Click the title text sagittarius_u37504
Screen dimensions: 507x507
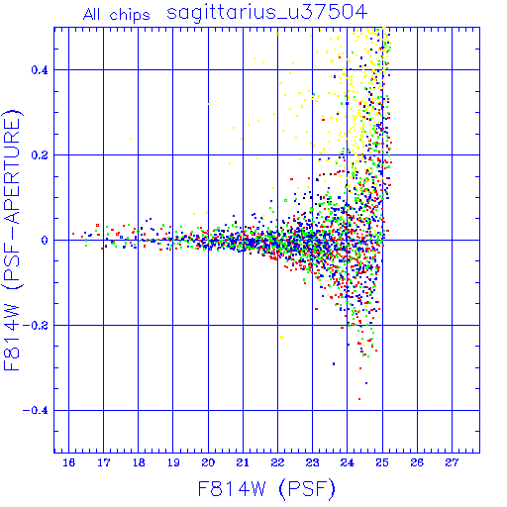(266, 13)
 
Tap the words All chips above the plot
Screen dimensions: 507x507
(117, 15)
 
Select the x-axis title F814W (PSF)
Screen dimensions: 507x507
(266, 489)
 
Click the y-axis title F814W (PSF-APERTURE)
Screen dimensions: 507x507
(13, 240)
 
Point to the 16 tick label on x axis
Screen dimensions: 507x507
(68, 462)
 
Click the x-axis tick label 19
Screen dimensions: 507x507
(173, 462)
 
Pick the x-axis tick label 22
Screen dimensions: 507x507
(277, 462)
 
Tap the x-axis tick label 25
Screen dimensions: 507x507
(382, 462)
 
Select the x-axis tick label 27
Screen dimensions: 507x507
(452, 462)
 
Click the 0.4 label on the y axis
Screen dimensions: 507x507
(40, 70)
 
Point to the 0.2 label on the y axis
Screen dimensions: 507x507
(40, 155)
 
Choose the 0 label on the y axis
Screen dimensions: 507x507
(45, 241)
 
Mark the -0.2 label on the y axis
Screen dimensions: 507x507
(36, 326)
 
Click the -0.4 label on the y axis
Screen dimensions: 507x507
(36, 411)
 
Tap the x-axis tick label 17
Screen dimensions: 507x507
(103, 462)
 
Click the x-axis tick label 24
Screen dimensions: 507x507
(347, 462)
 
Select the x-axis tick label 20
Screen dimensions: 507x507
(208, 462)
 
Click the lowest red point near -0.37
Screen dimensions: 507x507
(359, 399)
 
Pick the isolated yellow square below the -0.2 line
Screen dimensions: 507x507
(281, 337)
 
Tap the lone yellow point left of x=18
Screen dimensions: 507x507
(131, 139)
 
